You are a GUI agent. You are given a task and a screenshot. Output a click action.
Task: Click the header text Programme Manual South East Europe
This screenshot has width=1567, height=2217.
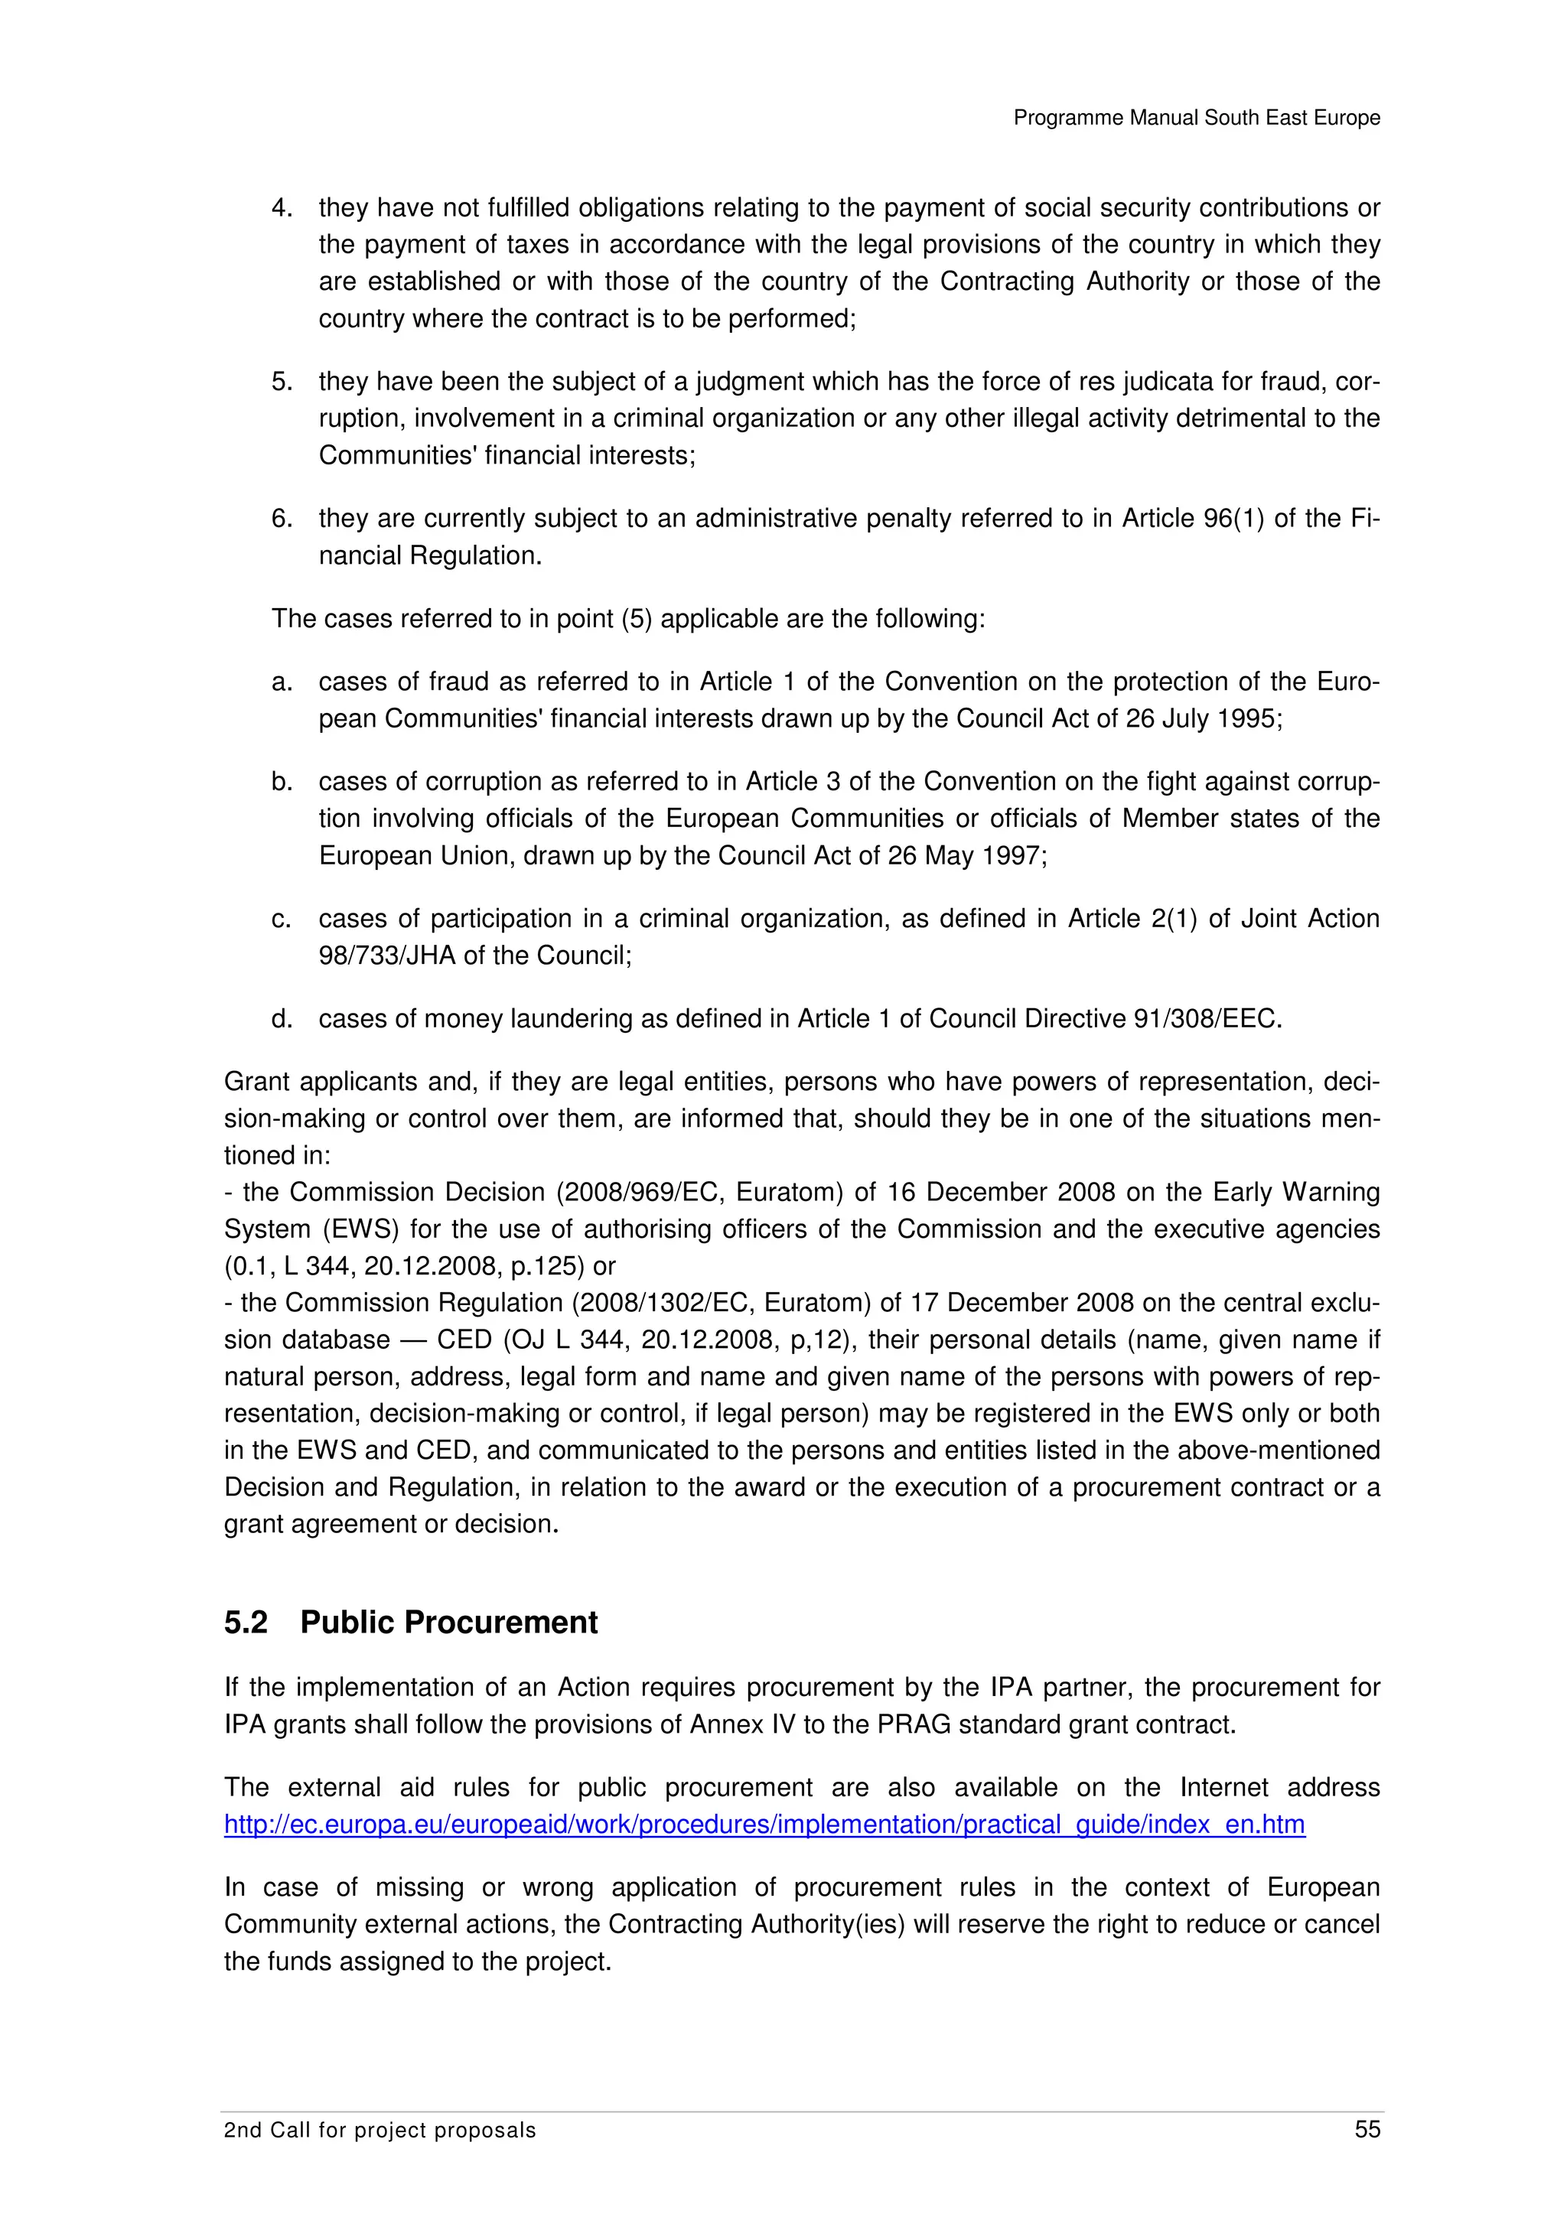(x=1196, y=118)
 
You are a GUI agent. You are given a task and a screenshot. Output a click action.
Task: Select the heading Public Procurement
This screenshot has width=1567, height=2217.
(x=449, y=1622)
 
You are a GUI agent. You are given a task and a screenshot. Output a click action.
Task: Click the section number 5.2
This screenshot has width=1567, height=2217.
(x=246, y=1622)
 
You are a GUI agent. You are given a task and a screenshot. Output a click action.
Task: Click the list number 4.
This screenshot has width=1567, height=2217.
(x=281, y=207)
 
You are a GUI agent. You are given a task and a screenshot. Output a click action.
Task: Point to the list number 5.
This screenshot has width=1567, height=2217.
(x=281, y=382)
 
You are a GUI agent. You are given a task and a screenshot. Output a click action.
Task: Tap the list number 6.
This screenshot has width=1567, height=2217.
(x=281, y=519)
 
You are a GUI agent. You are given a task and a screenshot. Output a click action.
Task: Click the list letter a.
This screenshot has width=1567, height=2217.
(x=281, y=682)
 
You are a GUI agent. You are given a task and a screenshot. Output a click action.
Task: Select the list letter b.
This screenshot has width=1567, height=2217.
(x=281, y=781)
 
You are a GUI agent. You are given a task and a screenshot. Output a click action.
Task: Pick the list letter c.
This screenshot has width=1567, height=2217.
(x=281, y=918)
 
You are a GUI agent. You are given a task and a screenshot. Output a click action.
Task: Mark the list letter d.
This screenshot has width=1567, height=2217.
(x=281, y=1019)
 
